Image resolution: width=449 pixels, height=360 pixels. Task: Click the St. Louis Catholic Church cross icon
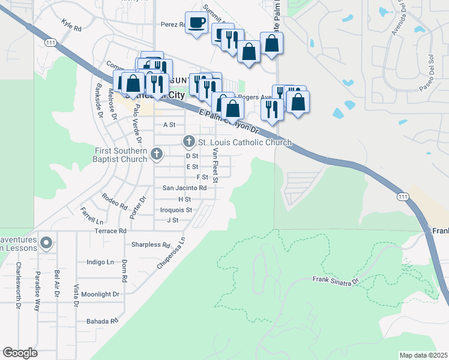(188, 142)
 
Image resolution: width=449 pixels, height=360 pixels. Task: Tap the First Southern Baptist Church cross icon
(157, 154)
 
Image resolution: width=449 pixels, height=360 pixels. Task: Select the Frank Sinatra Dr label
(335, 280)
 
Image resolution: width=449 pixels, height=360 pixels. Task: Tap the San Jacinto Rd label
(185, 188)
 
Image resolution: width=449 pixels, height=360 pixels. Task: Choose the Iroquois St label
(176, 210)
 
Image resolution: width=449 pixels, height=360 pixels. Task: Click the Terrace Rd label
(110, 230)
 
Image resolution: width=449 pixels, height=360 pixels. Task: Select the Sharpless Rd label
(151, 245)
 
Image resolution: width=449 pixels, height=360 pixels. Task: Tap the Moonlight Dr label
(100, 294)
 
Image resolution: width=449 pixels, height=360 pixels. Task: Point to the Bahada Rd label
(101, 321)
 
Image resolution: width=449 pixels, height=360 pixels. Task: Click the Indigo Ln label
(100, 262)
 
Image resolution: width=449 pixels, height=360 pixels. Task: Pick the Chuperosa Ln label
(171, 254)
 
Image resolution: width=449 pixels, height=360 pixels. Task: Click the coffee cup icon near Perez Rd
(196, 23)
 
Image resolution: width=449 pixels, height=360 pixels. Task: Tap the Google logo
(20, 353)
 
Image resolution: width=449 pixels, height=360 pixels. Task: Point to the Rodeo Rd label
(115, 200)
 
